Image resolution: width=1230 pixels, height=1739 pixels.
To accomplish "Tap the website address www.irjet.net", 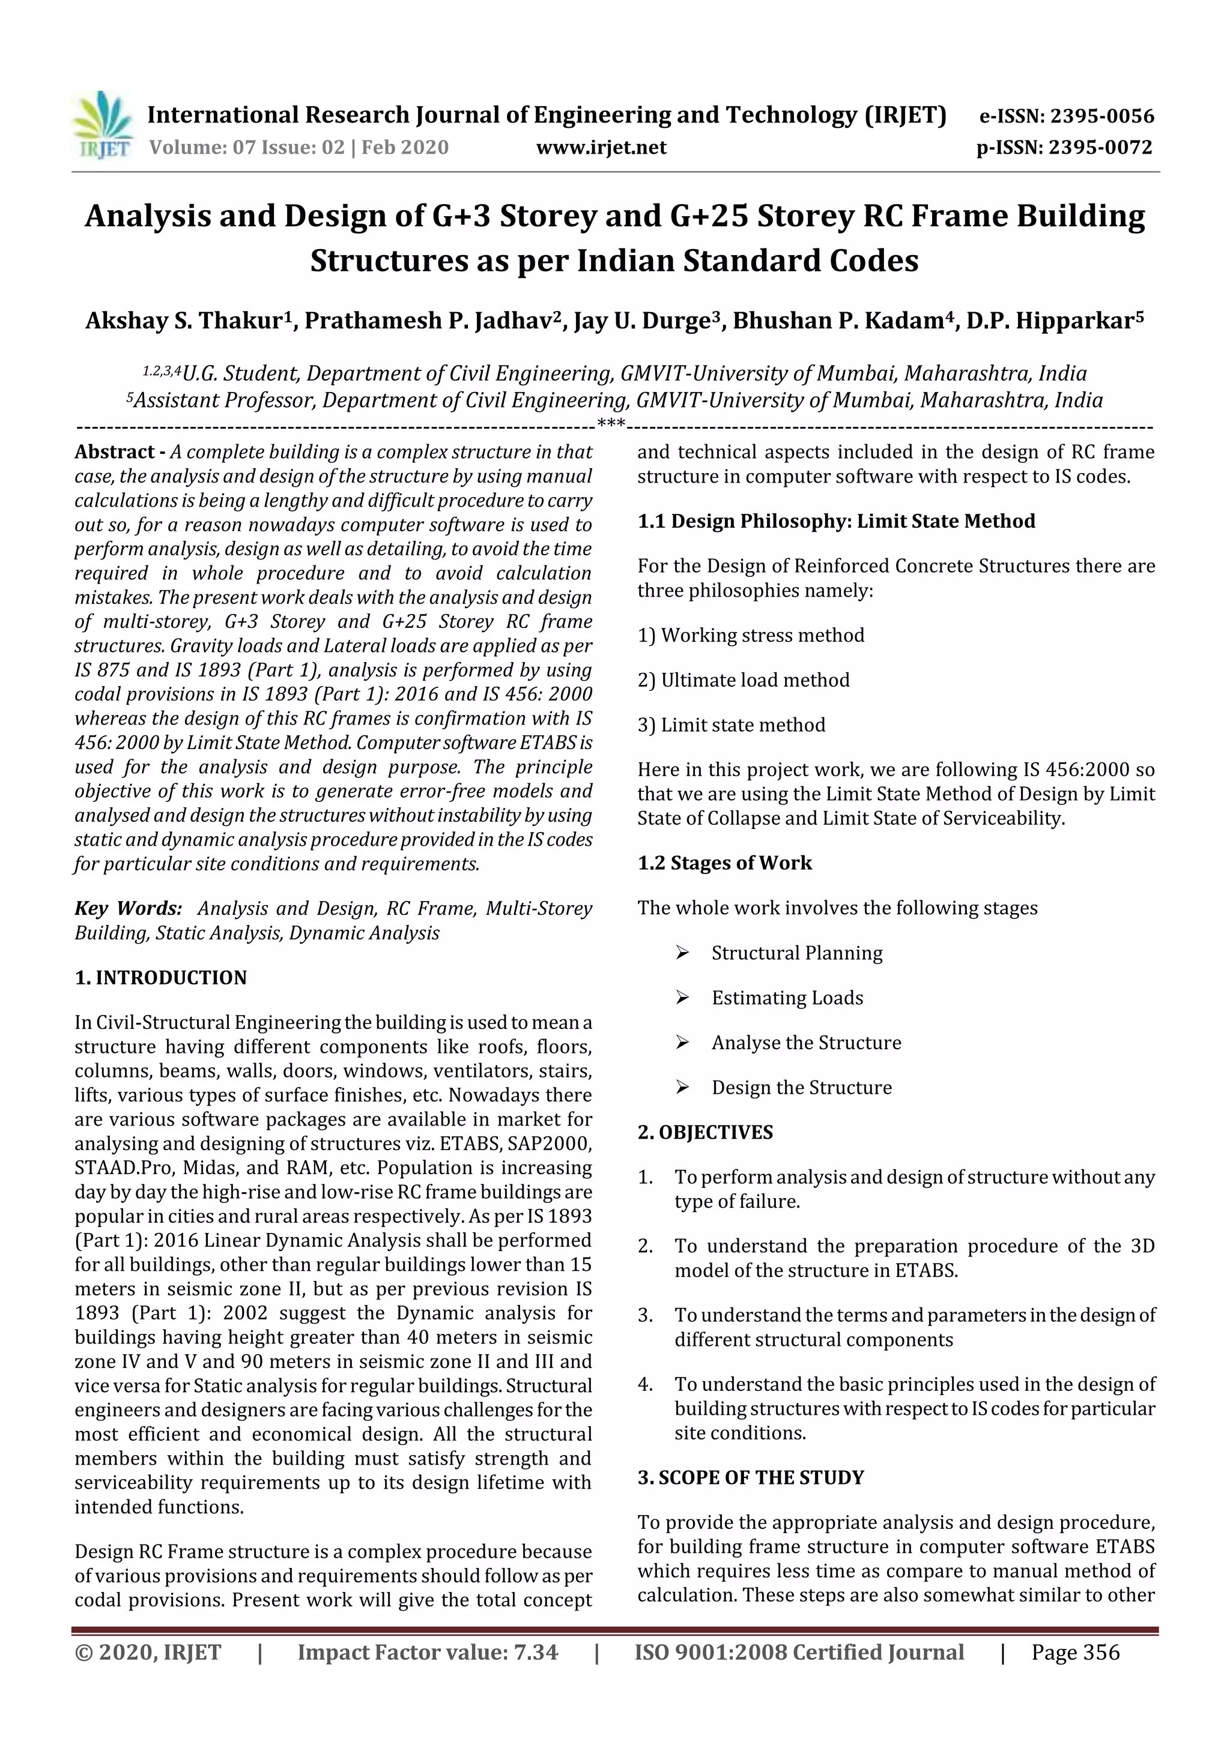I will click(601, 148).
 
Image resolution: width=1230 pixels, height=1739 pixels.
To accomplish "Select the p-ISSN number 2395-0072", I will click(1100, 148).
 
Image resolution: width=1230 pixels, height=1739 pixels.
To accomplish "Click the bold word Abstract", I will click(115, 452).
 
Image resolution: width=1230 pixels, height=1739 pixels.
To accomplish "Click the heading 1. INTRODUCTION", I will click(161, 978).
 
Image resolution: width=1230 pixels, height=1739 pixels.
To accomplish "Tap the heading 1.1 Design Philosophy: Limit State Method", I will click(836, 521).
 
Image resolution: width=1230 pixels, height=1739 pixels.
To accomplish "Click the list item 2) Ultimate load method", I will click(744, 680).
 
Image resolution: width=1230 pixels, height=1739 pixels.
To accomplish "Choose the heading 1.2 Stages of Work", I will click(724, 863).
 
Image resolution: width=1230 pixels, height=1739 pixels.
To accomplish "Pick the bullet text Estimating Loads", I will click(787, 998).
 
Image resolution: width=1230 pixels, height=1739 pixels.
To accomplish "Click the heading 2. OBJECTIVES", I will click(705, 1132).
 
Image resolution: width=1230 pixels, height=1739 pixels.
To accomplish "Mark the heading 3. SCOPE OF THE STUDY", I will click(750, 1478).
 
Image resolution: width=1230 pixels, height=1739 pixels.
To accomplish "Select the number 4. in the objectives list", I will click(645, 1384).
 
